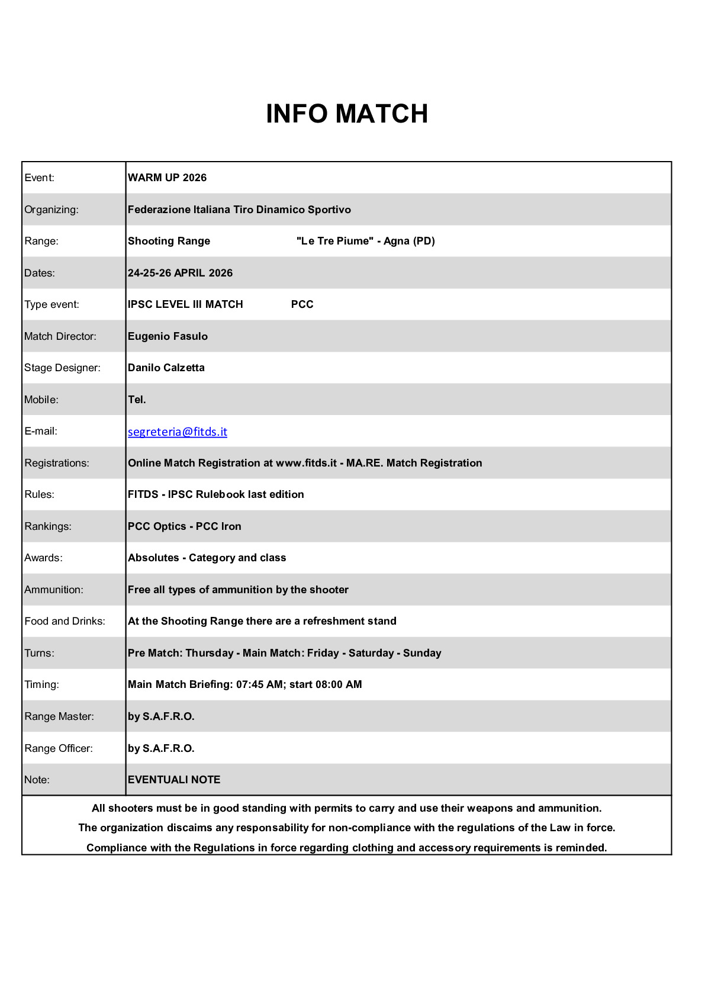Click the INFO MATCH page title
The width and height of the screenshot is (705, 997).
[347, 114]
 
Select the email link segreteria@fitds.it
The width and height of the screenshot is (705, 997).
[178, 432]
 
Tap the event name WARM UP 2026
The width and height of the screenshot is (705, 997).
[167, 178]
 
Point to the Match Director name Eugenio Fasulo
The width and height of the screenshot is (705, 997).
[168, 336]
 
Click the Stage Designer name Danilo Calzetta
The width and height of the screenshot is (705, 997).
[166, 368]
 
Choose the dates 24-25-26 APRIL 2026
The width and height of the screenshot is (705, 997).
[180, 273]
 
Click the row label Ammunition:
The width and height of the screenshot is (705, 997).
[54, 590]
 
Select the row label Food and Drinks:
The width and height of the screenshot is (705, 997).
[65, 621]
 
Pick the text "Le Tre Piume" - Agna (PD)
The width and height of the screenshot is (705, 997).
[365, 241]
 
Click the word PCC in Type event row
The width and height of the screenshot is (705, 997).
[302, 304]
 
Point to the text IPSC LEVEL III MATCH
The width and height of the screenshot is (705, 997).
[185, 304]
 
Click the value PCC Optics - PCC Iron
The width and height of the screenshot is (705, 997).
[184, 526]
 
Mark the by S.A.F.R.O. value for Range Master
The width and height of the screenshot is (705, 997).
[161, 716]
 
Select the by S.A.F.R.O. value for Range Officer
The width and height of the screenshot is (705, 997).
[161, 748]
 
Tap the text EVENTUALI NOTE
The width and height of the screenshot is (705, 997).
[174, 780]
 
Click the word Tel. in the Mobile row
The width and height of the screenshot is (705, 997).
[137, 400]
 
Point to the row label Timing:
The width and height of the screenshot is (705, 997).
[42, 684]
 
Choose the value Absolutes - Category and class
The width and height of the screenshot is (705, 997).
[207, 558]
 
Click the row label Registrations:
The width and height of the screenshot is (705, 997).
[57, 463]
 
